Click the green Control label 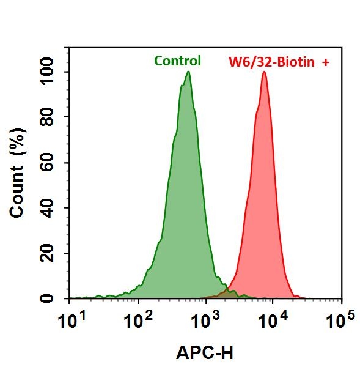[177, 61]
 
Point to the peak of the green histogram [188, 72]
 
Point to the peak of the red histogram [264, 72]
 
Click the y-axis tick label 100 [50, 72]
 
